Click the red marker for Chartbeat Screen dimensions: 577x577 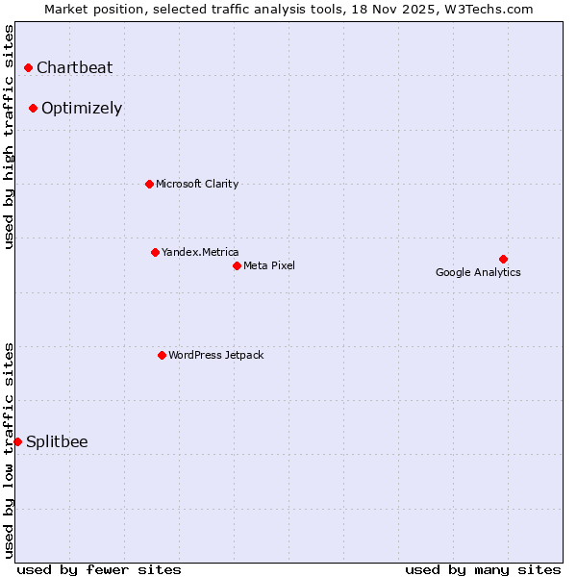(29, 67)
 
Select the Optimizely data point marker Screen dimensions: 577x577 (33, 108)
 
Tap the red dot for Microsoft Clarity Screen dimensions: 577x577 (149, 184)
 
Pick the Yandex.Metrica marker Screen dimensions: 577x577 (155, 252)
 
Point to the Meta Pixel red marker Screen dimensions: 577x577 (237, 265)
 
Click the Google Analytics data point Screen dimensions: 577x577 (503, 259)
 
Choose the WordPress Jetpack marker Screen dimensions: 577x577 (162, 355)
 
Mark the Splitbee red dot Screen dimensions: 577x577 (17, 441)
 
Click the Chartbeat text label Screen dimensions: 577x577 (74, 67)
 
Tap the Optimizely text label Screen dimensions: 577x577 (82, 108)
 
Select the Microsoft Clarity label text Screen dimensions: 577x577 (197, 184)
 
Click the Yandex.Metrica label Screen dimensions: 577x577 (200, 252)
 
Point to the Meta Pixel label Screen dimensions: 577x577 (269, 265)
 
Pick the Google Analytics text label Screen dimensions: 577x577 (478, 272)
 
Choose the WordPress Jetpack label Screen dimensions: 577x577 (215, 355)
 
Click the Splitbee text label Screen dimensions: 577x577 (57, 441)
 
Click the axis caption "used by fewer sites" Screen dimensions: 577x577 (99, 569)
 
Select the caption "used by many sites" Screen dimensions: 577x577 (483, 569)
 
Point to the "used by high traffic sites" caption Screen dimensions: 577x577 (9, 137)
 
